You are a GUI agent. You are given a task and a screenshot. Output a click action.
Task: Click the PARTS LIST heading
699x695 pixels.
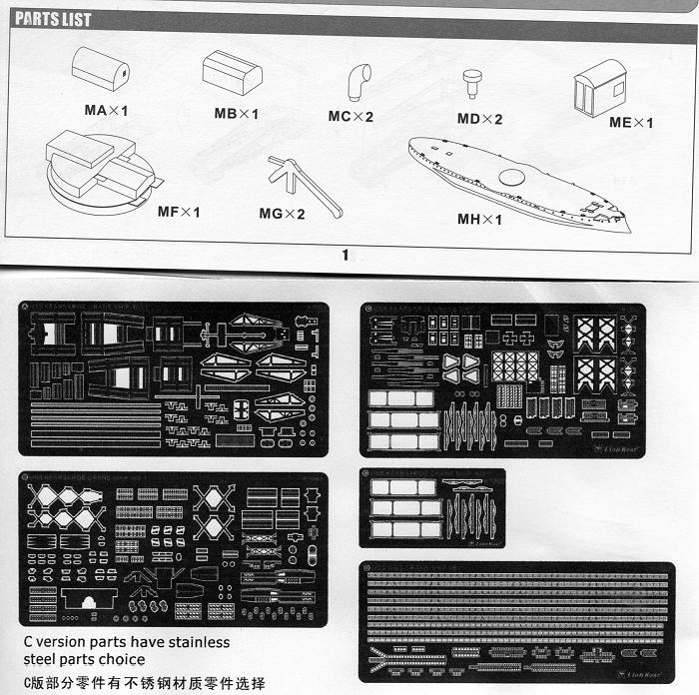(x=53, y=20)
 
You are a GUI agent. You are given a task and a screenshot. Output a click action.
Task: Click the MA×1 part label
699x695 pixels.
(x=106, y=110)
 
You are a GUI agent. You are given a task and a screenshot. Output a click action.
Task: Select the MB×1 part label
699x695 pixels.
(x=236, y=113)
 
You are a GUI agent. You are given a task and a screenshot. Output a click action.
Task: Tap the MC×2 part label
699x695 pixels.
(x=350, y=117)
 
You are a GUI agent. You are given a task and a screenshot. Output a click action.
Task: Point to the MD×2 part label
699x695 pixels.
(x=479, y=119)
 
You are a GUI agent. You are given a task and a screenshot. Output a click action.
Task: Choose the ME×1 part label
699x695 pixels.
(x=630, y=123)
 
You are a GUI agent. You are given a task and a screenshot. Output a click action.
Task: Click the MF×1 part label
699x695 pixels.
(x=179, y=212)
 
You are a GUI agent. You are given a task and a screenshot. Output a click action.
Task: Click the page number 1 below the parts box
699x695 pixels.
(x=346, y=255)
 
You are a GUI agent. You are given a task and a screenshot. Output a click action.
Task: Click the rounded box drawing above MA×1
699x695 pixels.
(x=100, y=68)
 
